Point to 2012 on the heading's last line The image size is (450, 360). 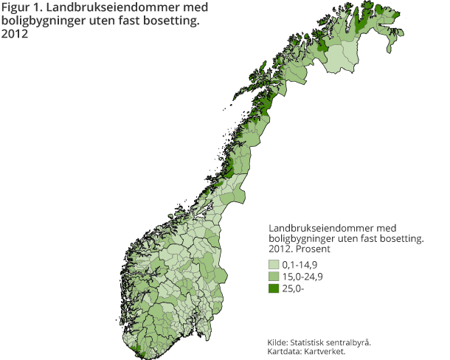(x=15, y=34)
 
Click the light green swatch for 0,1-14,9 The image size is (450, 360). (x=274, y=264)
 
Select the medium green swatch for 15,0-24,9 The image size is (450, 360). (x=274, y=276)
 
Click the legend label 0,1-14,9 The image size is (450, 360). (x=302, y=264)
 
